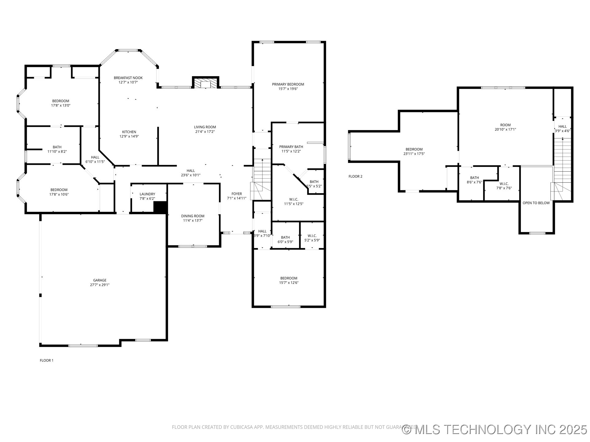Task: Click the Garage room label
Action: (100, 280)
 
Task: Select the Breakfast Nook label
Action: (128, 78)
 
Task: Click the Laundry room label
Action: (147, 194)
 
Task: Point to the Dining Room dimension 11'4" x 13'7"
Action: (193, 220)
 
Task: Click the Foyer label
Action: (237, 194)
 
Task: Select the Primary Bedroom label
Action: (288, 84)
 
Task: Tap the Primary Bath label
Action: (291, 147)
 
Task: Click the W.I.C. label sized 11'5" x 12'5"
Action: (293, 200)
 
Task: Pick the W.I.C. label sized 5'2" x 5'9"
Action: (312, 236)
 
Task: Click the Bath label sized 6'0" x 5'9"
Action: (285, 237)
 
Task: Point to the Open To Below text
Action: (536, 203)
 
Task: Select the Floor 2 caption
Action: (355, 176)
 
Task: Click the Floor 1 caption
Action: (46, 360)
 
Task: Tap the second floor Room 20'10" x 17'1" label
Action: (505, 125)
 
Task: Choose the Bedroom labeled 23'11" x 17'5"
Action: (414, 149)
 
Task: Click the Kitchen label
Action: (129, 132)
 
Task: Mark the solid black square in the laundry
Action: (160, 207)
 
